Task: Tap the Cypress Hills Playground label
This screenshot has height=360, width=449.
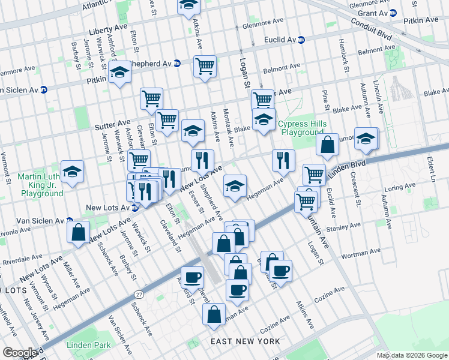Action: coord(302,128)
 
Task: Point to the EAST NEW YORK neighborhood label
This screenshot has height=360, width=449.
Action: coord(245,341)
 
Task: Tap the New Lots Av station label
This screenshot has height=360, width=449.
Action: coord(109,208)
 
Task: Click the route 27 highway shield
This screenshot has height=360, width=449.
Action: coord(139,294)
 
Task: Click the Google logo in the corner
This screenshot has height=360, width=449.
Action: coord(20,352)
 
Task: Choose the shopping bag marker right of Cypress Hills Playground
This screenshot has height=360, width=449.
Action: coord(328,144)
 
